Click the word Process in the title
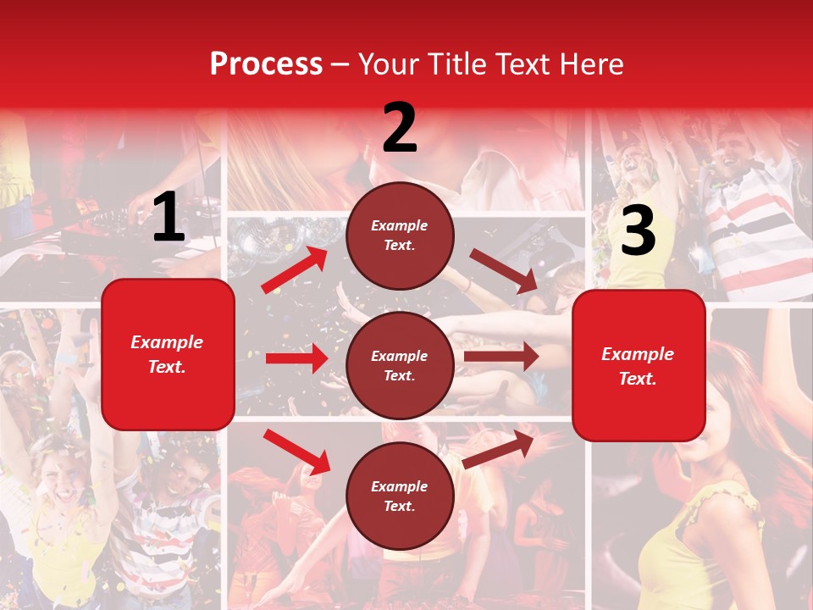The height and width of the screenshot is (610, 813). pos(266,64)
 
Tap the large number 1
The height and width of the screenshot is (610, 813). pos(169,217)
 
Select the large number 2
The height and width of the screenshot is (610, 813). pos(400,128)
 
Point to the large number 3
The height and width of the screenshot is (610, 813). pos(638,230)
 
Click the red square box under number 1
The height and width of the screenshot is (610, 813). pos(168,354)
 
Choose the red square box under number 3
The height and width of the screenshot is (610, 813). pos(639,366)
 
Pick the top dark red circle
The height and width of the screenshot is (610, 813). pos(400,236)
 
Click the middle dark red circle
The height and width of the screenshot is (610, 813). pos(400,365)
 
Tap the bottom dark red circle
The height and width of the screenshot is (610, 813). pos(400,496)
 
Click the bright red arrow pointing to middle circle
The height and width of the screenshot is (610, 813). pos(296,358)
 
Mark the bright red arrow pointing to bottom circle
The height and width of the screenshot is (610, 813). pos(296,452)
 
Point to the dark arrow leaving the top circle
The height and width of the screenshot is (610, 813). pos(505,271)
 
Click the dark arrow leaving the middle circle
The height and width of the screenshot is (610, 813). pos(501,357)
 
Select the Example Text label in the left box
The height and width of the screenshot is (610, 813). pos(168,354)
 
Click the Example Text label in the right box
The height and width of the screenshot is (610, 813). pos(638,366)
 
